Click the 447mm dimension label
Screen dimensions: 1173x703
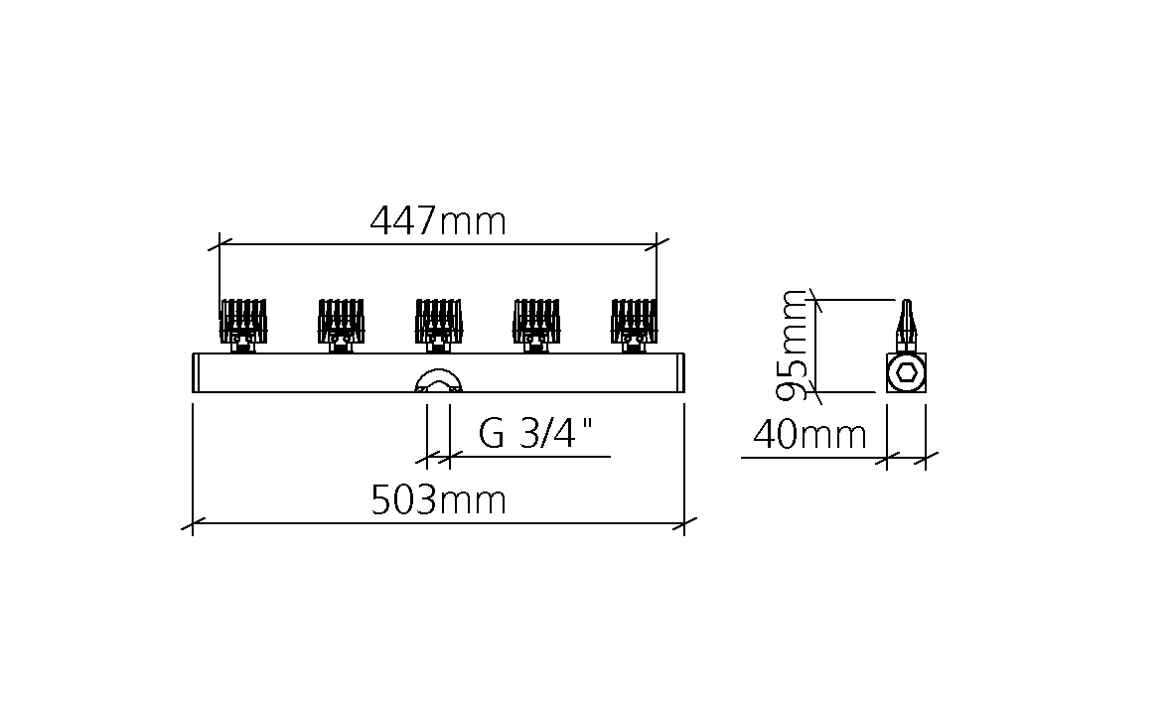click(x=438, y=221)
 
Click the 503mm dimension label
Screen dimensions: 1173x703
click(x=438, y=499)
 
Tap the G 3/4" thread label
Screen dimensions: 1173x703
click(x=535, y=433)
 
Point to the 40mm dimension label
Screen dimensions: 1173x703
click(x=809, y=435)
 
